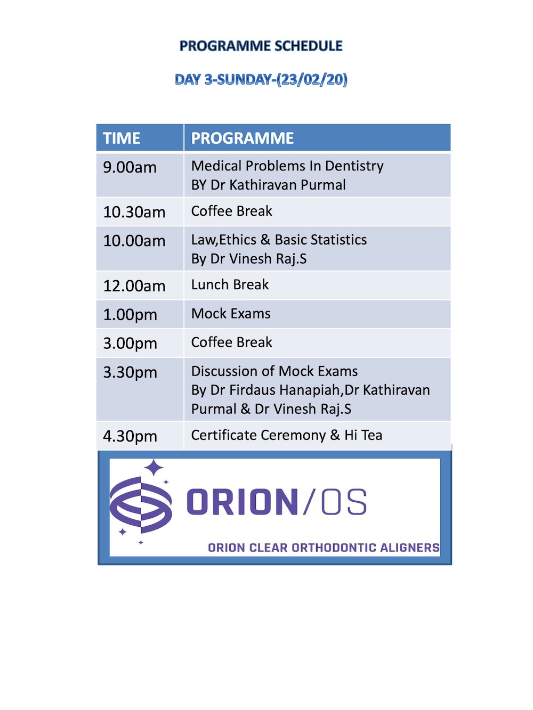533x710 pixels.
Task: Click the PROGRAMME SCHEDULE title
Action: (x=261, y=46)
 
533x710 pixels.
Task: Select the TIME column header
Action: (x=122, y=138)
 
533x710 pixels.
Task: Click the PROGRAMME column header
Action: (x=243, y=138)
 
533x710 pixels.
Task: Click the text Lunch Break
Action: (x=230, y=284)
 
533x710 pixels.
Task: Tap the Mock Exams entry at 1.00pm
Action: (x=231, y=313)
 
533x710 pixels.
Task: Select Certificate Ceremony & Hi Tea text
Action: (x=287, y=435)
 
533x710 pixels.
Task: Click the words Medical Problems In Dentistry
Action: (x=287, y=166)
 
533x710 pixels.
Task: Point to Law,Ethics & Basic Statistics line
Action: (x=279, y=240)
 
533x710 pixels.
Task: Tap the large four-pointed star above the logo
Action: (x=154, y=468)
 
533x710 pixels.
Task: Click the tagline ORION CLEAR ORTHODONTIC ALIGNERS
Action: (x=324, y=548)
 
